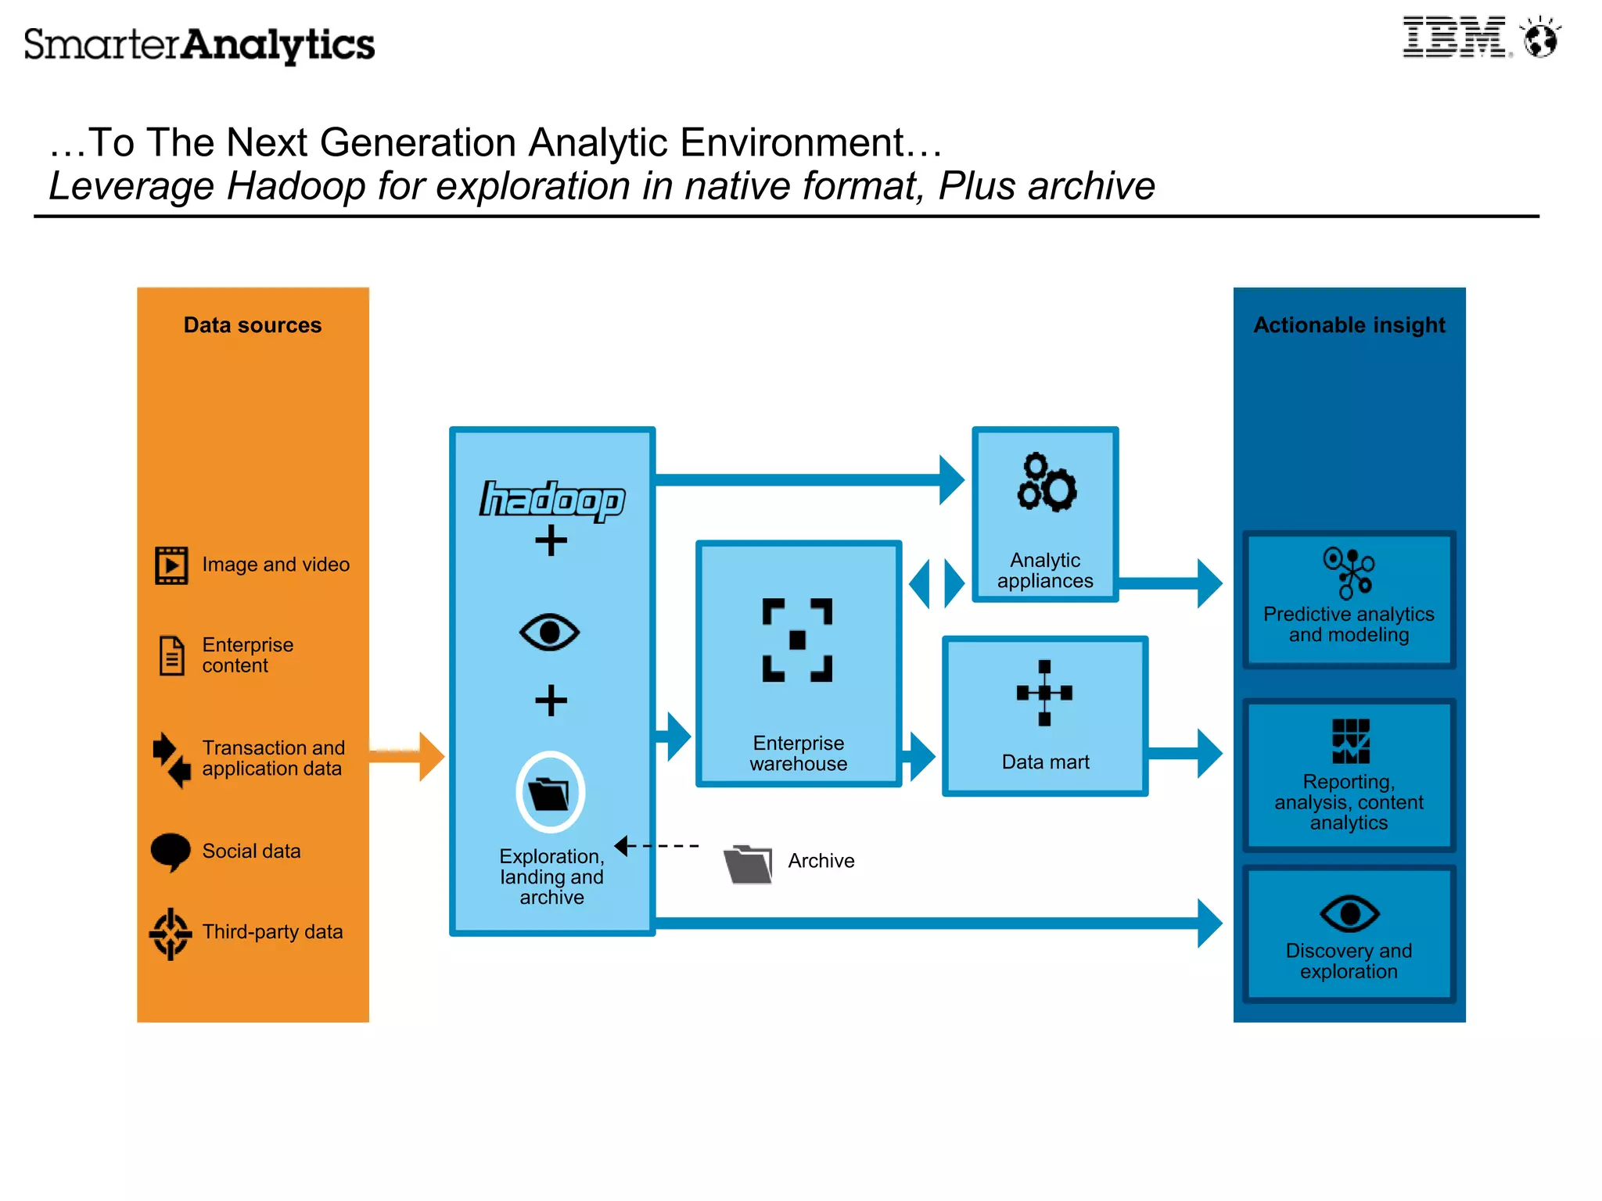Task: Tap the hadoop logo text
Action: [551, 500]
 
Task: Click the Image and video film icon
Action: [171, 565]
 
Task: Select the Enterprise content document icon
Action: [171, 655]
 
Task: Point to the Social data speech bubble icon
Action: [171, 851]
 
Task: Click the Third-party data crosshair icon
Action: [171, 933]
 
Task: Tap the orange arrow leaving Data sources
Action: [408, 755]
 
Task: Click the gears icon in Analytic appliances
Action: [1046, 482]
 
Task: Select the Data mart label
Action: [1045, 762]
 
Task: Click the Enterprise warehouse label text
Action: [798, 753]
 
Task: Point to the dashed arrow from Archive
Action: [657, 845]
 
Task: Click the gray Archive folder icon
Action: [748, 863]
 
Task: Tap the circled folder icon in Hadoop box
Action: [550, 792]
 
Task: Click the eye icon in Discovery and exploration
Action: [1349, 913]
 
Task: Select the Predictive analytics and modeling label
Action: [1349, 624]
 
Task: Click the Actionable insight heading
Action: [1349, 324]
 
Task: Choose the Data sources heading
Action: [252, 324]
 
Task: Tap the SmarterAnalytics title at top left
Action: [199, 45]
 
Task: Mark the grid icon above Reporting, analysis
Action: [1350, 740]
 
